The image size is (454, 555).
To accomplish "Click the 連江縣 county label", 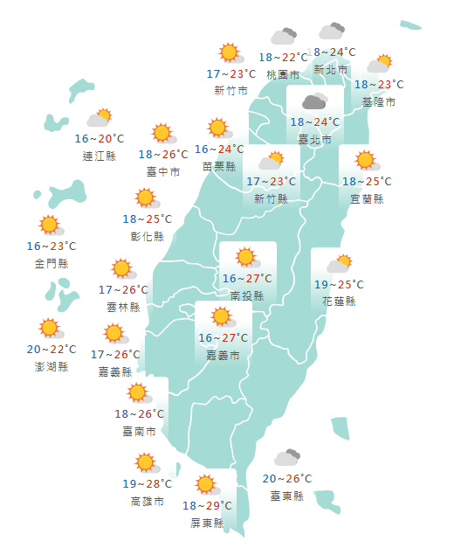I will tap(99, 156).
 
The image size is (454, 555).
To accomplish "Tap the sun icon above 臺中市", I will tap(162, 134).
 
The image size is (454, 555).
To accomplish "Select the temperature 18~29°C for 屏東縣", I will tap(207, 505).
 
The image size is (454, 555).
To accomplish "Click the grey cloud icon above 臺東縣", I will tap(287, 457).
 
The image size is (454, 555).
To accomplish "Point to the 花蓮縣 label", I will tap(339, 301).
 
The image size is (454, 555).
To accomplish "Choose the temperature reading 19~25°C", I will tap(339, 284).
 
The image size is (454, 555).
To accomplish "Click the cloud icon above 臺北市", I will tap(314, 101).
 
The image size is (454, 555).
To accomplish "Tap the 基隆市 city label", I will tap(379, 101).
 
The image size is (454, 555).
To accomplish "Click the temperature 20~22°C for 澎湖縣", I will tap(52, 350).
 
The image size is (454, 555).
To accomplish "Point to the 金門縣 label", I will tap(52, 263).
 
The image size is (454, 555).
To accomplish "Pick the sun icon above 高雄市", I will tap(145, 463).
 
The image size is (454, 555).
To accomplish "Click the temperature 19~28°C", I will tap(147, 484).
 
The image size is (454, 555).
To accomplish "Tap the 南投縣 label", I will tap(247, 295).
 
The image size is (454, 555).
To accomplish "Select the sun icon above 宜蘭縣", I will tap(365, 161).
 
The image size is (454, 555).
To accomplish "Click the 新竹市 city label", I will tap(230, 90).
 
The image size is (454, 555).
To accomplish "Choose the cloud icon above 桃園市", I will tap(283, 37).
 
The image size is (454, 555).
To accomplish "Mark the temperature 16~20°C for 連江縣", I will tap(100, 139).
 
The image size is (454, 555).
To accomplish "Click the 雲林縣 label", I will tap(123, 307).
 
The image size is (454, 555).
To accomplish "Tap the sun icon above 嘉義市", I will tap(221, 316).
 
